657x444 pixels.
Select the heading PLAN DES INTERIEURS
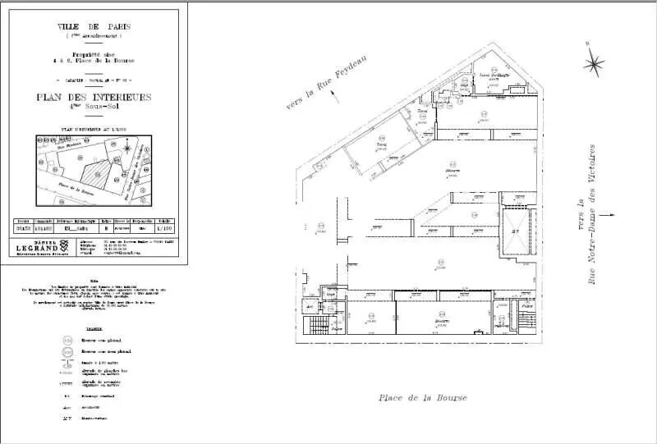click(x=94, y=97)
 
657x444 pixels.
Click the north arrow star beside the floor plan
click(x=593, y=62)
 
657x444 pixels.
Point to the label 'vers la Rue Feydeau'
click(x=326, y=81)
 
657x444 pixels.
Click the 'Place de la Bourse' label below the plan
click(x=422, y=397)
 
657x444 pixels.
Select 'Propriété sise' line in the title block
click(x=94, y=53)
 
